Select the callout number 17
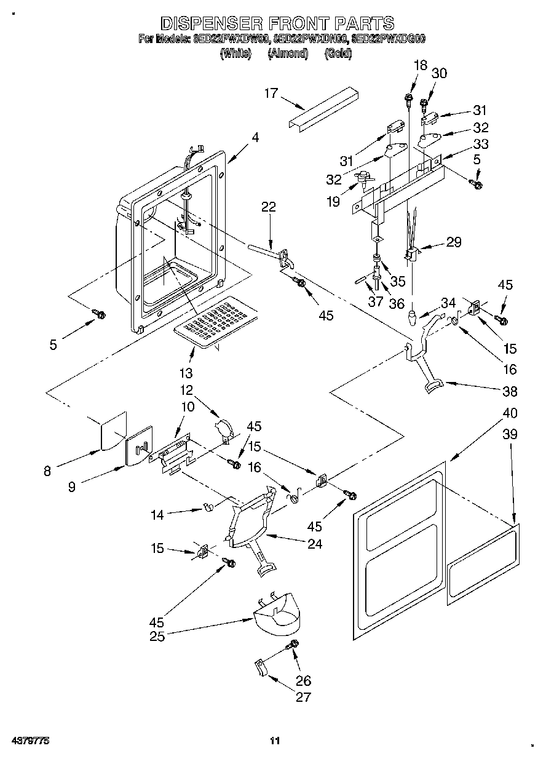271,93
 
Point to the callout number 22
269,207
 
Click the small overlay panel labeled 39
483,563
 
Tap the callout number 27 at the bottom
303,697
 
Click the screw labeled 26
293,644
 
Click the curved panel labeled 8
113,434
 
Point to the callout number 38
510,391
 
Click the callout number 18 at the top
420,66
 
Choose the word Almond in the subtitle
288,54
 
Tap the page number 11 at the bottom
275,741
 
